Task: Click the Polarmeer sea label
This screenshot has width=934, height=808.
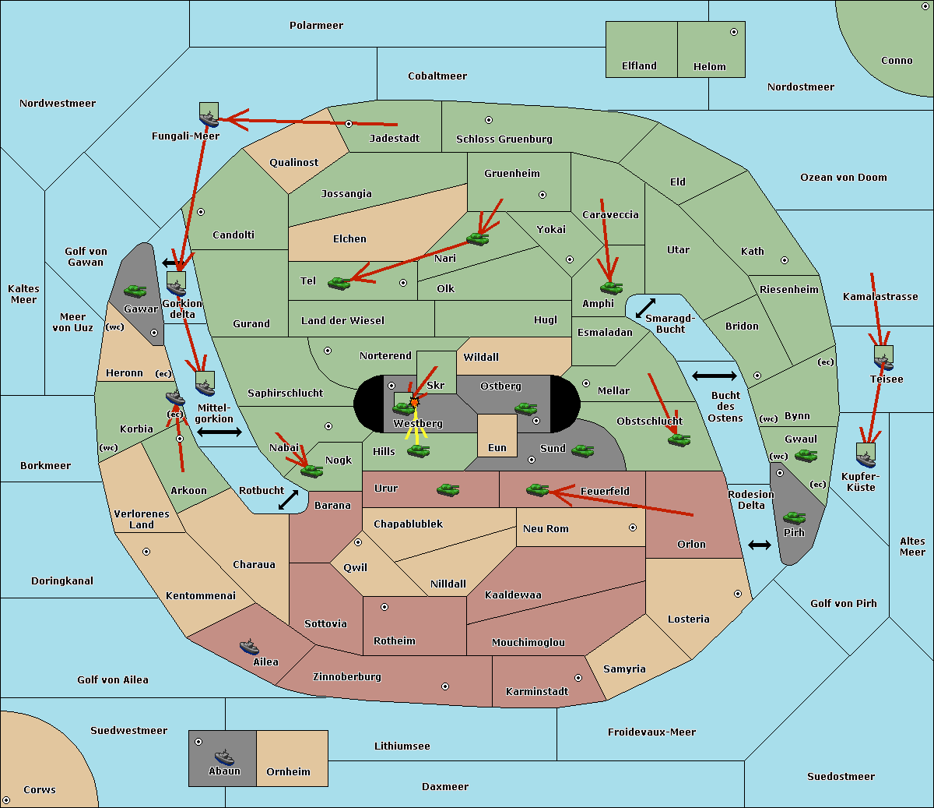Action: pos(316,26)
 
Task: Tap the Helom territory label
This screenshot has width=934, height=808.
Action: pos(709,67)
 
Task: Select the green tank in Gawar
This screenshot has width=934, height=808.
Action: pos(135,291)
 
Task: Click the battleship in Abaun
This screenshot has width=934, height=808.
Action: pos(224,757)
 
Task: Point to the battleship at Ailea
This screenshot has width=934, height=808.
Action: pos(249,647)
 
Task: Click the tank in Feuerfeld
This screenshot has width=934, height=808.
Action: pos(537,490)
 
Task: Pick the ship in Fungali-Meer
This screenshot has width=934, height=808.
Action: pos(209,118)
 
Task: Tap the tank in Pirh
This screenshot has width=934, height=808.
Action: pos(794,518)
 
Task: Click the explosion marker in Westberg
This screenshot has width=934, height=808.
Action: pos(414,402)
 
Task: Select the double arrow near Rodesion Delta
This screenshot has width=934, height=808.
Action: pos(760,545)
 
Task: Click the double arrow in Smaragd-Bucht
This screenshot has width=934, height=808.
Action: pos(645,309)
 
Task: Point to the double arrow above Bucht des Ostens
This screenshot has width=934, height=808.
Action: pos(714,376)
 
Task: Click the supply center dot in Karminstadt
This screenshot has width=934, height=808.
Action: pos(578,678)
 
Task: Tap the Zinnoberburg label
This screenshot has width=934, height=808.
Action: pos(347,677)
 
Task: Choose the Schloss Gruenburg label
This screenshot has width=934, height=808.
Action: pos(504,139)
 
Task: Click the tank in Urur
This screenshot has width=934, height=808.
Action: pos(448,490)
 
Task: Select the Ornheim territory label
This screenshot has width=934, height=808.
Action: pos(288,772)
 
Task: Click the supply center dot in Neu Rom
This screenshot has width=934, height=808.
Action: pos(633,527)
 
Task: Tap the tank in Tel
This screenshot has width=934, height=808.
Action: pos(339,284)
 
